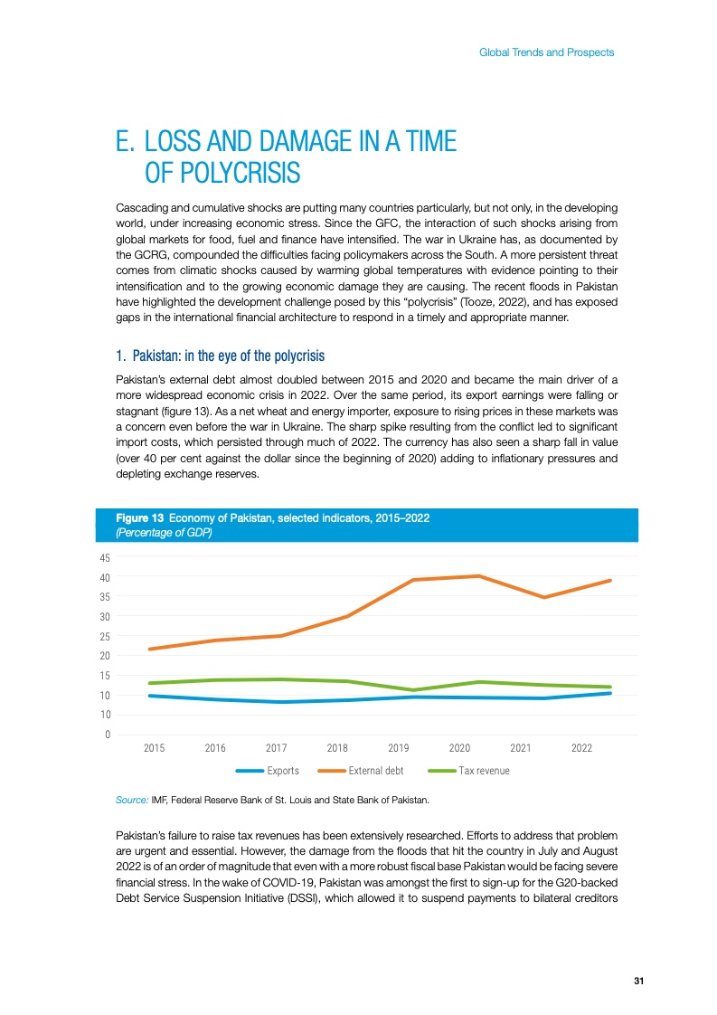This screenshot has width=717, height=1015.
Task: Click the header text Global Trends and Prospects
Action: (546, 52)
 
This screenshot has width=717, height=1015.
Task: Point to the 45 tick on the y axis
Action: (105, 557)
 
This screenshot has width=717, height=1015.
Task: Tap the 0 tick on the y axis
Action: (108, 735)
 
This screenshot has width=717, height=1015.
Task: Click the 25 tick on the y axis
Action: (105, 636)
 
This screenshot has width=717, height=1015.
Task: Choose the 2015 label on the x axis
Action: (155, 749)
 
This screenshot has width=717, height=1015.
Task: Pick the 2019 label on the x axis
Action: (399, 749)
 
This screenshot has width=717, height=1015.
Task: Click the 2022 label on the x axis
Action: (581, 749)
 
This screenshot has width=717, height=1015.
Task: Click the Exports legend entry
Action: (282, 771)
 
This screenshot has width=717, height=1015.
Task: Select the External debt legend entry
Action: (375, 771)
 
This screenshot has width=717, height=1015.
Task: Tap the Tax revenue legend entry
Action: (484, 771)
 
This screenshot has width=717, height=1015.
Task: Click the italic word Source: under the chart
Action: (133, 801)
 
